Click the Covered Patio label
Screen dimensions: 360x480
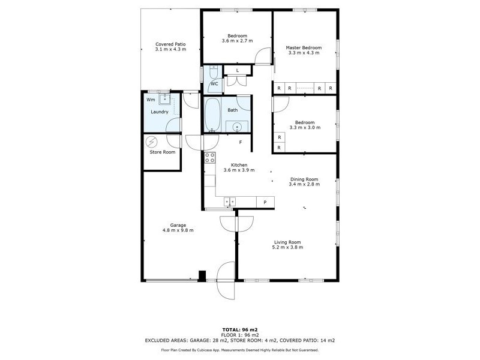click(170, 44)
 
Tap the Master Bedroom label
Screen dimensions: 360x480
click(304, 48)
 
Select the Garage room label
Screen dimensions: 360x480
click(178, 225)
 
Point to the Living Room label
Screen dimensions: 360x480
click(287, 242)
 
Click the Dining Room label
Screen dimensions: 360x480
click(304, 179)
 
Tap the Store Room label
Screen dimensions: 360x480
click(162, 152)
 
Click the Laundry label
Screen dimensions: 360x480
click(159, 112)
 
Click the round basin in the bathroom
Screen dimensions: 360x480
click(238, 126)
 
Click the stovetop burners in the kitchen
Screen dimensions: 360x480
click(210, 158)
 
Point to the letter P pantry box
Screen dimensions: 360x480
click(265, 202)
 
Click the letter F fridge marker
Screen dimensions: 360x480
click(241, 142)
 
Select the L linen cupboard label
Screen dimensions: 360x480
click(238, 71)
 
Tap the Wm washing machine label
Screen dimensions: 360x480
click(151, 100)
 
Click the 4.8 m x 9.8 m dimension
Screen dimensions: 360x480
click(178, 230)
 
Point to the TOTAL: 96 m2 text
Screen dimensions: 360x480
click(240, 330)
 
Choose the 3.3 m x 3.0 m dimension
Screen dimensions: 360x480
click(305, 128)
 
